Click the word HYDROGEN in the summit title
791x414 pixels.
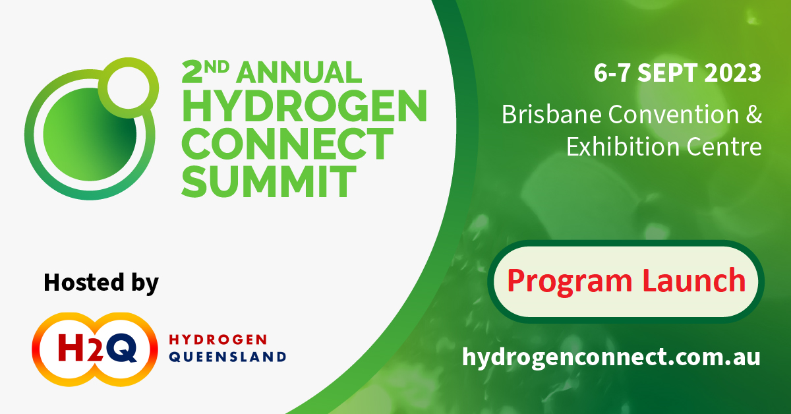305,105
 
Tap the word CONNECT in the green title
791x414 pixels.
287,144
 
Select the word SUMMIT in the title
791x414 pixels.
269,181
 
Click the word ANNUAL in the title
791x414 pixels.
299,73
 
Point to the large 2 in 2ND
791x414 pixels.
192,73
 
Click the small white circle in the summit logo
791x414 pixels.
128,88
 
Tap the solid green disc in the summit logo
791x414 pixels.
90,134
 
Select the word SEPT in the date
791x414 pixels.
667,73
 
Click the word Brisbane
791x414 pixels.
552,115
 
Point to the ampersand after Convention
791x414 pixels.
754,115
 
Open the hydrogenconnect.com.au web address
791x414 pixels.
611,357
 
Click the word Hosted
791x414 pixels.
84,282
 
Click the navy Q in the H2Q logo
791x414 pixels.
121,348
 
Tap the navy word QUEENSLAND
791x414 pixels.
228,357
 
